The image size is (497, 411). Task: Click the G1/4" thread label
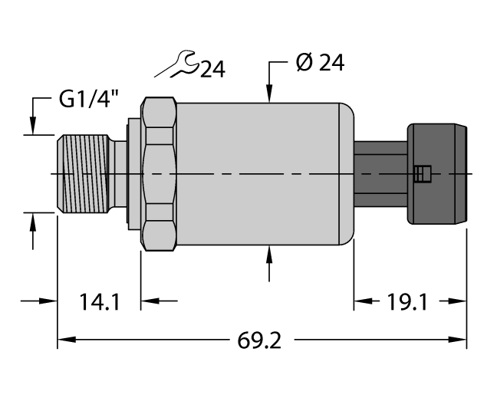click(x=88, y=100)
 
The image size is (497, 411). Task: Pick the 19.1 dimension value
click(x=405, y=302)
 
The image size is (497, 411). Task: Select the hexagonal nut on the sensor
click(x=160, y=174)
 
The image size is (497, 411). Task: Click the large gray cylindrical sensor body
click(x=261, y=174)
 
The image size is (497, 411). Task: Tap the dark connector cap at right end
click(x=439, y=174)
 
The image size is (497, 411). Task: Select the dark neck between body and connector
click(x=380, y=174)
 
